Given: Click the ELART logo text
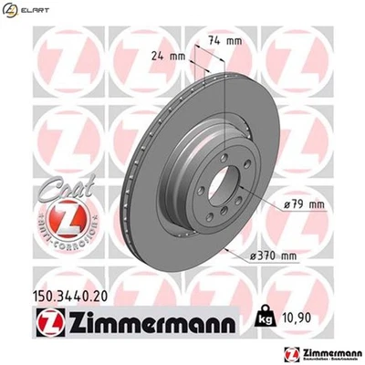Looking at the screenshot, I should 34,11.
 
